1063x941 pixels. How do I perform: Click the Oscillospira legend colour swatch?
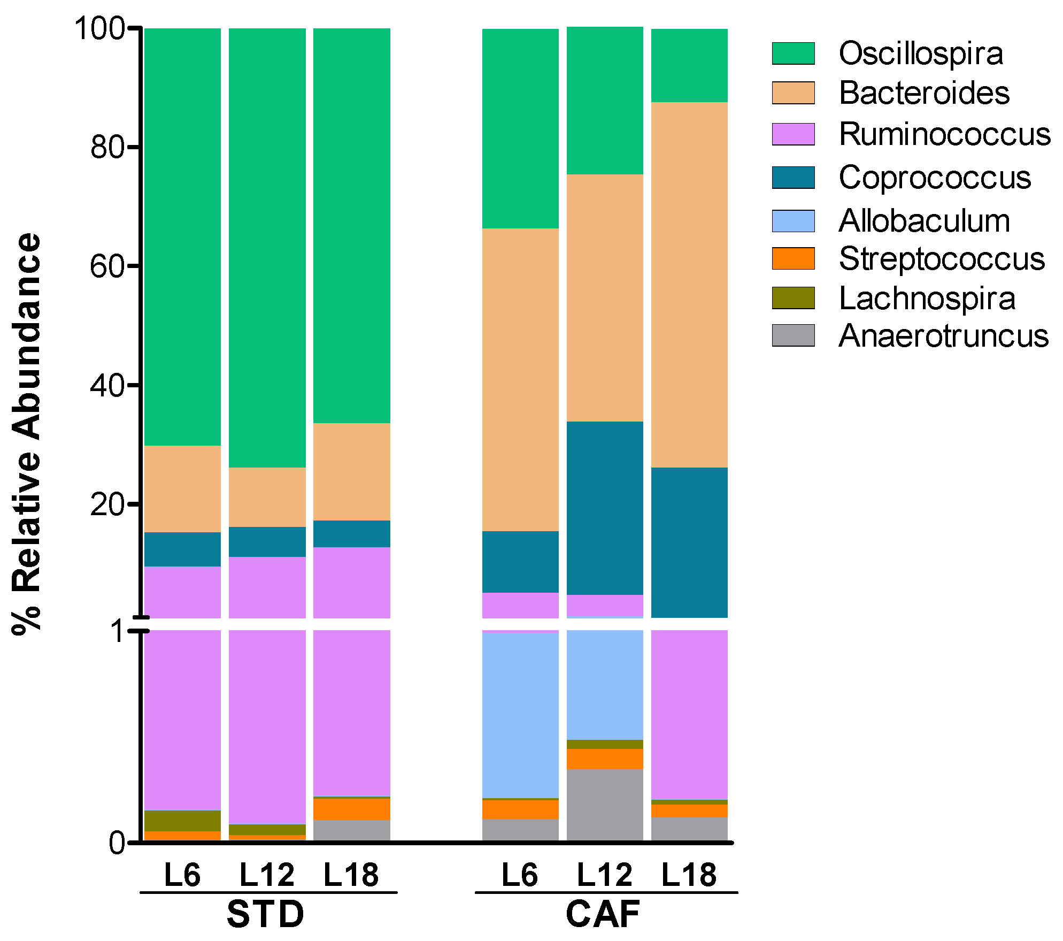point(793,53)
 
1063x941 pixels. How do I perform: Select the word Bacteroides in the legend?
point(924,93)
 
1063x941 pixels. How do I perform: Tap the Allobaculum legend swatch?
point(793,221)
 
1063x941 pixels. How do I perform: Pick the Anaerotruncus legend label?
point(943,336)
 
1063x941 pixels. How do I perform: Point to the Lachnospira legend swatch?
point(793,298)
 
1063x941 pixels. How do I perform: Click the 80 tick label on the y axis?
point(107,147)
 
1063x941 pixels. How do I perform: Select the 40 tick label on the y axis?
point(107,385)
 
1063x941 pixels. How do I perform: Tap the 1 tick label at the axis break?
point(118,631)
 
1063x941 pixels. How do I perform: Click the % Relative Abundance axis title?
point(27,433)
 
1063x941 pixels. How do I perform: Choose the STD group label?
point(266,914)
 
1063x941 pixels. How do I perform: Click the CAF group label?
point(603,914)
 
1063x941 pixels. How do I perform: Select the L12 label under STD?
point(267,875)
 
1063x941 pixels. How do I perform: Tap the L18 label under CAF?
point(689,875)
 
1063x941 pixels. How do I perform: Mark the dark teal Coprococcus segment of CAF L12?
point(605,508)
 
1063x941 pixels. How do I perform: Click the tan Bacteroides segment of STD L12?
point(267,497)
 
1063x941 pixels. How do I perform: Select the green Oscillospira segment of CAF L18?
point(689,65)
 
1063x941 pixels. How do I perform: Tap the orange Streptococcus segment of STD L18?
point(351,809)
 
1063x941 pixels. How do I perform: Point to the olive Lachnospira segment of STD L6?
point(182,821)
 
